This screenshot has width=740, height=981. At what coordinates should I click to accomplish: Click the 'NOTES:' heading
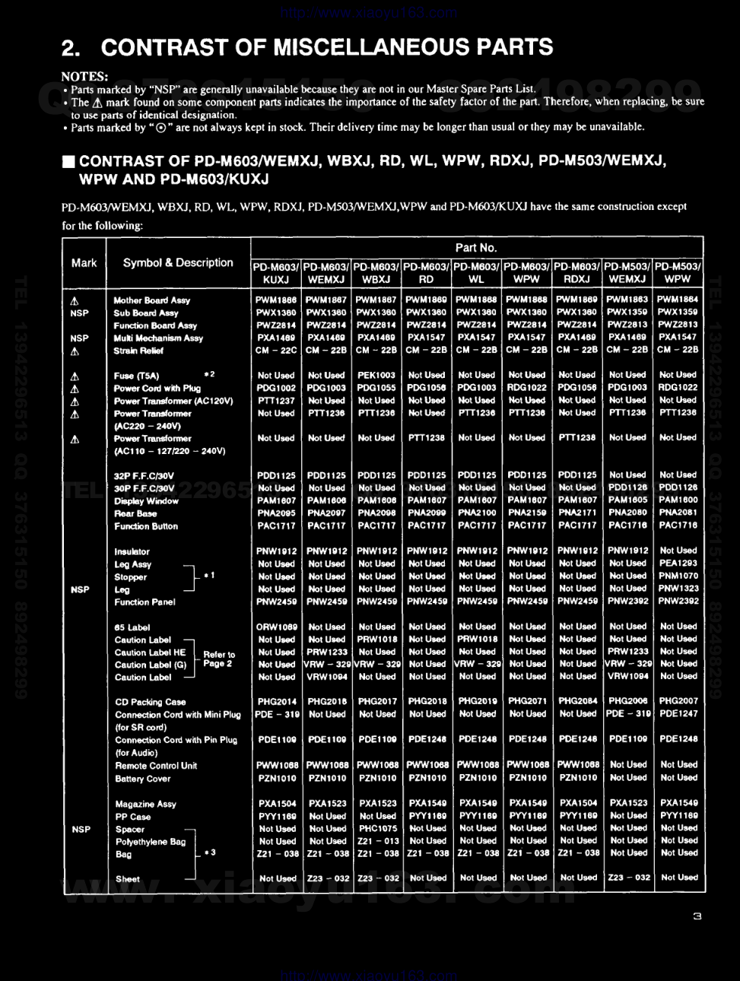pyautogui.click(x=84, y=76)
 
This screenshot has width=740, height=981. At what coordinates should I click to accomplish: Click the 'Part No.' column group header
pyautogui.click(x=476, y=247)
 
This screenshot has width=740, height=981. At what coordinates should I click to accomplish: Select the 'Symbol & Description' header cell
pyautogui.click(x=178, y=262)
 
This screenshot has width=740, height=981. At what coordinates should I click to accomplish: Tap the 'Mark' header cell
pyautogui.click(x=84, y=262)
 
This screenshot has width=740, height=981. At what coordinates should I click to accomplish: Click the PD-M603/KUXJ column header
pyautogui.click(x=276, y=273)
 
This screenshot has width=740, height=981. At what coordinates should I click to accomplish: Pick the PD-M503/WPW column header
pyautogui.click(x=678, y=273)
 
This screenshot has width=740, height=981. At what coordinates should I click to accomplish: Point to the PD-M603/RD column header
pyautogui.click(x=427, y=273)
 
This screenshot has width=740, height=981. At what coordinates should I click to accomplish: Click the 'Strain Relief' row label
pyautogui.click(x=138, y=351)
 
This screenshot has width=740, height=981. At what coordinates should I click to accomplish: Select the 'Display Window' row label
pyautogui.click(x=146, y=501)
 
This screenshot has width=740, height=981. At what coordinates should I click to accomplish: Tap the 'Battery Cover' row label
pyautogui.click(x=143, y=779)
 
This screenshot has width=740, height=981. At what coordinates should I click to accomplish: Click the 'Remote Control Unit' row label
pyautogui.click(x=156, y=766)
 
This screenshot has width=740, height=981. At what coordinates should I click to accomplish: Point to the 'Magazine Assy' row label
pyautogui.click(x=145, y=804)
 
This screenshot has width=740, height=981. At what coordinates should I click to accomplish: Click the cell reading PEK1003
pyautogui.click(x=376, y=375)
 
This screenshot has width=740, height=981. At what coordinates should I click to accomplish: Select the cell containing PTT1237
pyautogui.click(x=276, y=401)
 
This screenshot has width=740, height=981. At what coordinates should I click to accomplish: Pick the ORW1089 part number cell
pyautogui.click(x=276, y=627)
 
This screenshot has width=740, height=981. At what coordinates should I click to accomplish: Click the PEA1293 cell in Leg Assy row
pyautogui.click(x=678, y=564)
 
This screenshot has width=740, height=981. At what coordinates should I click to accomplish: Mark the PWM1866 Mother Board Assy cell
pyautogui.click(x=276, y=300)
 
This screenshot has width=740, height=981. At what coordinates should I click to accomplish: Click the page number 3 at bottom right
pyautogui.click(x=697, y=916)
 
